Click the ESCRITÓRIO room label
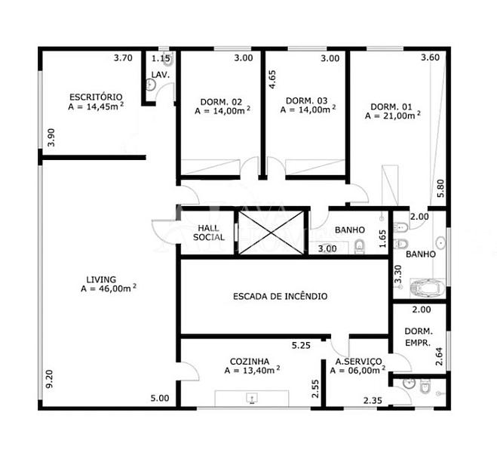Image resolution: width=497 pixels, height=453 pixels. click(96, 97)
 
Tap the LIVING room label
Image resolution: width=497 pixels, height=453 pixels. click(101, 279)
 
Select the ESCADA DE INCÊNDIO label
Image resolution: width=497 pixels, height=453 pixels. click(281, 296)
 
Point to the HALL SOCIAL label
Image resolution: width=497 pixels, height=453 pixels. click(209, 233)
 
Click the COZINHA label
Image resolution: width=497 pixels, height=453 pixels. click(250, 362)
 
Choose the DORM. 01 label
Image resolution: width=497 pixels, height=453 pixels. click(391, 106)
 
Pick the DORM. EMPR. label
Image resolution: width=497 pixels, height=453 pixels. click(419, 337)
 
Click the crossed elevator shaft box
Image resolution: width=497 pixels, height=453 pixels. click(271, 233)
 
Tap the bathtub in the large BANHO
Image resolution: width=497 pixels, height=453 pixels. click(428, 288)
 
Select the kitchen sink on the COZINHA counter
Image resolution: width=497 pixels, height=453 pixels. click(252, 398)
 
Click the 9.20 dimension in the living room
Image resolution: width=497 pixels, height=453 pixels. click(50, 379)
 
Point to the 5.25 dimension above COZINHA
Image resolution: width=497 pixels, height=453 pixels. click(301, 346)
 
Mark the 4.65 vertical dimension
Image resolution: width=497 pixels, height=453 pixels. click(272, 79)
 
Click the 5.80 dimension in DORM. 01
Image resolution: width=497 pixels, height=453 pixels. click(440, 189)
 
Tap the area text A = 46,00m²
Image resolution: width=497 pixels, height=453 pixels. click(109, 288)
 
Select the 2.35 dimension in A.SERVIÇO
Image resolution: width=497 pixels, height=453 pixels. click(373, 401)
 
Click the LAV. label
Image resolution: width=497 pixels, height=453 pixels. click(161, 75)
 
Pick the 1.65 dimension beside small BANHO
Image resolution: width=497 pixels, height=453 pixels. click(382, 239)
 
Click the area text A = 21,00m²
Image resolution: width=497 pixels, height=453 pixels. click(393, 116)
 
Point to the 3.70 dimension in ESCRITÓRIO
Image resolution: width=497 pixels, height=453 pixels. click(123, 58)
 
